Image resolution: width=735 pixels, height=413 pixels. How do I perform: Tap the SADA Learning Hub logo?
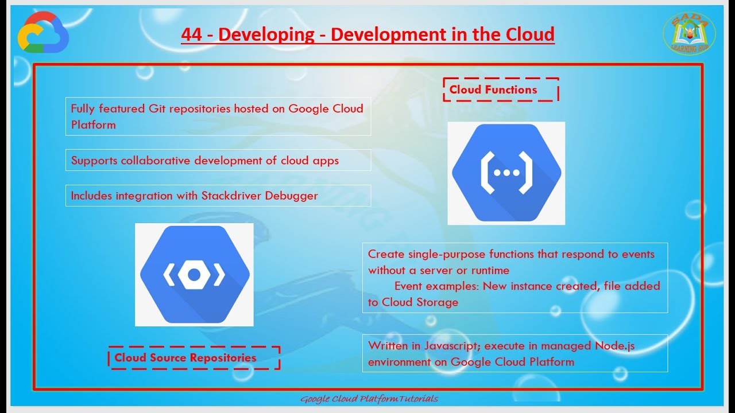[x=689, y=34]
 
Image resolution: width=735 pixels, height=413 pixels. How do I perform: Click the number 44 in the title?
[x=191, y=34]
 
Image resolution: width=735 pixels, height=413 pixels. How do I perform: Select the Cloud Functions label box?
[x=500, y=89]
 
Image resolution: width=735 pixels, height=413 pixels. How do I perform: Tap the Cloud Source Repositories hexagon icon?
[x=194, y=275]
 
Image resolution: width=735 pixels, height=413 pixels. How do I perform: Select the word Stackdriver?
[x=231, y=196]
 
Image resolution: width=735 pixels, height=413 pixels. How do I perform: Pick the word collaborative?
[x=156, y=161]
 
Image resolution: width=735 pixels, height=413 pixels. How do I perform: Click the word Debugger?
[x=291, y=196]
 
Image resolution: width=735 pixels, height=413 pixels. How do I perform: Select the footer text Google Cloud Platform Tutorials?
[x=369, y=399]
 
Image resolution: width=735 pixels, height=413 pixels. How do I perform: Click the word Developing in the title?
[x=266, y=34]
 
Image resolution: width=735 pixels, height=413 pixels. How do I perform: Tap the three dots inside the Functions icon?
[x=506, y=173]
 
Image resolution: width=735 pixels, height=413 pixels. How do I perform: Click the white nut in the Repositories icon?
[x=194, y=275]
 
